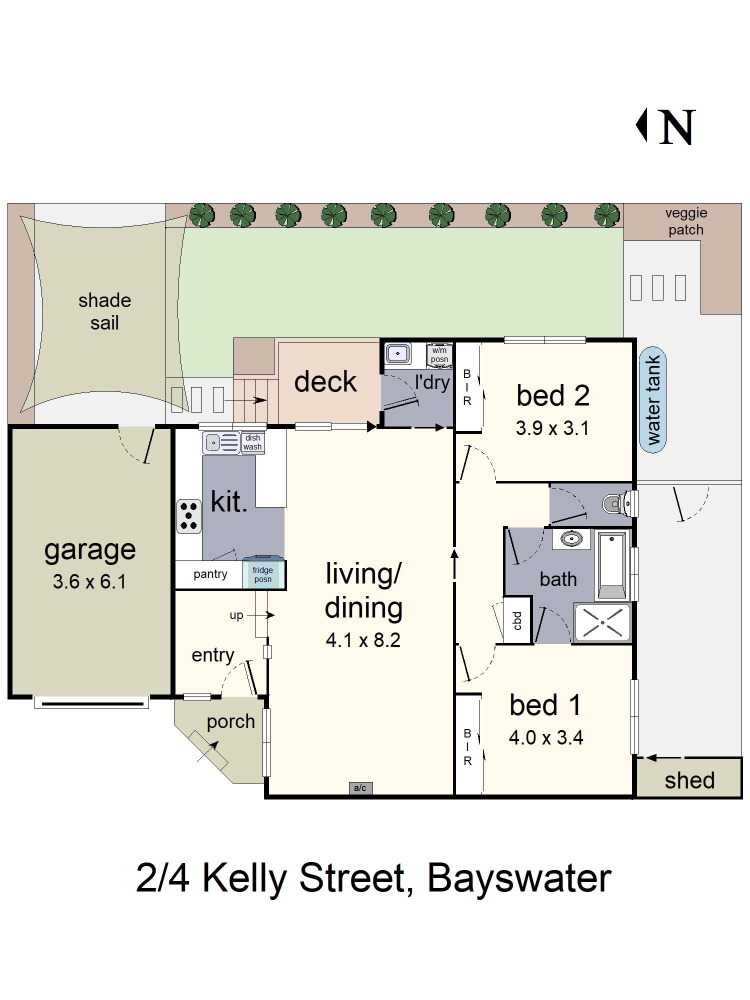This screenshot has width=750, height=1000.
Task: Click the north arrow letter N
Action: (x=677, y=127)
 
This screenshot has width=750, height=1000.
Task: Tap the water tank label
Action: (x=652, y=400)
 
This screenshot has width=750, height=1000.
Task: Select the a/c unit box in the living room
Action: (x=360, y=788)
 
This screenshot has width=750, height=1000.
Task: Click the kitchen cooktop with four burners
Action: (x=189, y=516)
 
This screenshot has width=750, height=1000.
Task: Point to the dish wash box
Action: (x=252, y=442)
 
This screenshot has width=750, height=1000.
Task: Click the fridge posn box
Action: (x=263, y=574)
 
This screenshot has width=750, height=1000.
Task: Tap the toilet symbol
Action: (x=615, y=503)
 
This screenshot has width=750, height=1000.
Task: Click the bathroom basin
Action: (x=571, y=539)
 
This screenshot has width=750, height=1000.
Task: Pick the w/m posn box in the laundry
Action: (x=439, y=354)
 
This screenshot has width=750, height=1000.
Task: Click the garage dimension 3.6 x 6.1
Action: (x=89, y=581)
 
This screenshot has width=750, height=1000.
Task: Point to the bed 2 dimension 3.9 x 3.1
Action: (x=552, y=428)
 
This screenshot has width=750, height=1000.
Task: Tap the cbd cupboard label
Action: (x=517, y=620)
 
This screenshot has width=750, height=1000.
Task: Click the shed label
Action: (x=689, y=780)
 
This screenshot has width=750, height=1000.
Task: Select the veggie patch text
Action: (x=686, y=221)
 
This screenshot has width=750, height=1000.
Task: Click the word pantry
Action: (x=210, y=574)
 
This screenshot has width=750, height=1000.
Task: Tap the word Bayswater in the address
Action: (x=519, y=878)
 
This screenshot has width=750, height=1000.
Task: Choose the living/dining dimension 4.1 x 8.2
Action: (x=363, y=640)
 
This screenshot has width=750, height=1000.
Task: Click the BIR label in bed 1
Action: (x=467, y=747)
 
